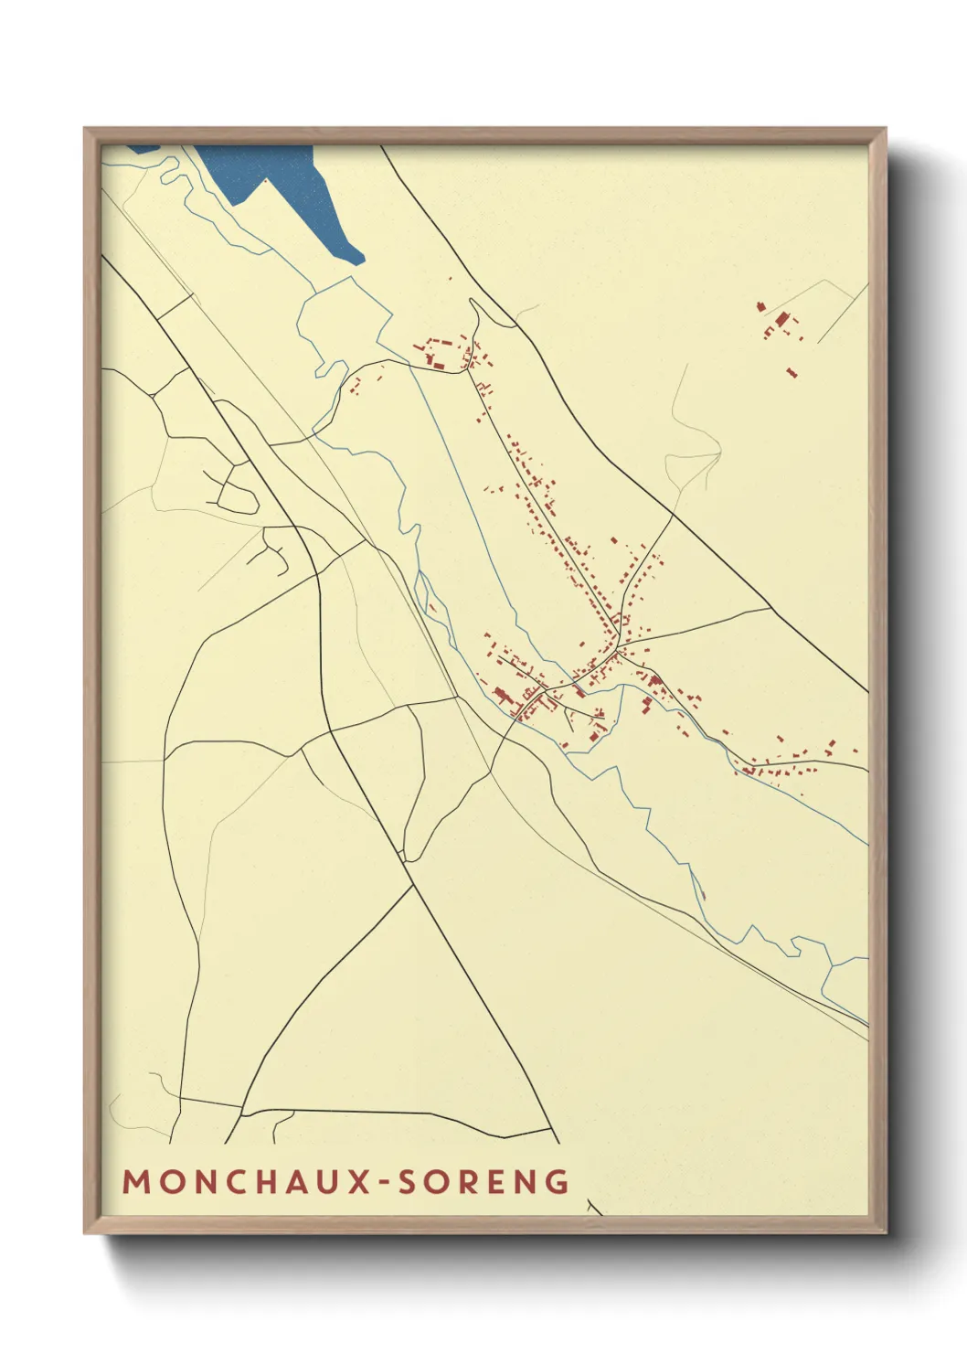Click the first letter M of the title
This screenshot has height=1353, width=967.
(x=135, y=1182)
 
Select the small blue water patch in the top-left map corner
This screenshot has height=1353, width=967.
(x=142, y=148)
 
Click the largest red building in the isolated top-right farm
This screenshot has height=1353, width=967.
(x=781, y=319)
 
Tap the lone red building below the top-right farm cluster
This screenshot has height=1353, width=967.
(x=792, y=372)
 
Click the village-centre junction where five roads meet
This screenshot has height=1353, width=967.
(x=618, y=651)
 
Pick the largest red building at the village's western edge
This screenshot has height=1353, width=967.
(x=501, y=695)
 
